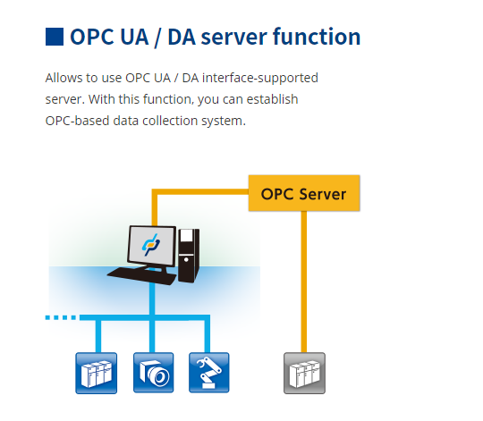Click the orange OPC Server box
coord(303,193)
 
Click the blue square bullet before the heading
coord(55,37)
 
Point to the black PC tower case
coord(187,256)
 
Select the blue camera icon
coord(153,373)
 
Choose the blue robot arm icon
coord(208,373)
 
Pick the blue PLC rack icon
coord(96,373)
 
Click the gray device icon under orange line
coord(304,373)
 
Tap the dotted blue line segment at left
coord(61,316)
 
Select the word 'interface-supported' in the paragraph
coord(261,78)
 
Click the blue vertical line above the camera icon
coord(153,334)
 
